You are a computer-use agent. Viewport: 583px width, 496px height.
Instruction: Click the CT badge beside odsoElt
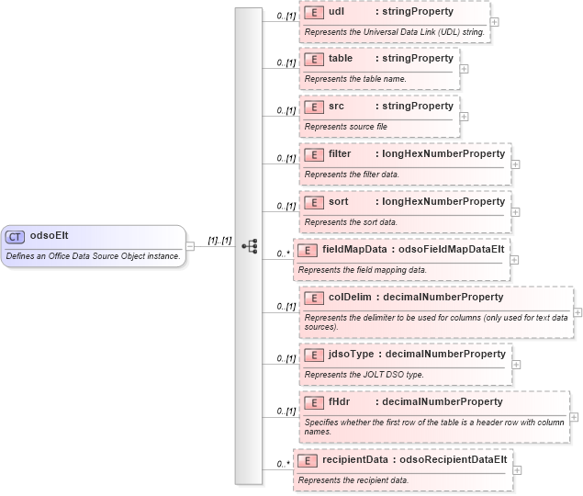coord(15,236)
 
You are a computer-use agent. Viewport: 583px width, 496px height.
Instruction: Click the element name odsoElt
coord(48,236)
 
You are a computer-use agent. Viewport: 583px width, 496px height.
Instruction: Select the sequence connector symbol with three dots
coord(249,247)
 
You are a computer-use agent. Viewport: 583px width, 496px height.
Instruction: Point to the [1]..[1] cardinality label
coord(219,241)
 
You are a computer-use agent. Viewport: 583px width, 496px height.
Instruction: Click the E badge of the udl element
coord(313,13)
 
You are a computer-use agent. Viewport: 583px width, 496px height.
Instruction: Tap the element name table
coord(341,59)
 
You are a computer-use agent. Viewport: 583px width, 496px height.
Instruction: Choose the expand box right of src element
coord(464,117)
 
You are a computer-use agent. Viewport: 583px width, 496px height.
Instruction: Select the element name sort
coord(339,202)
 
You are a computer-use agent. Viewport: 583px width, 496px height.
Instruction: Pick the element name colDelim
coord(351,298)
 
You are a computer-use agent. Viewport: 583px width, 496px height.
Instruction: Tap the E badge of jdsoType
coord(313,355)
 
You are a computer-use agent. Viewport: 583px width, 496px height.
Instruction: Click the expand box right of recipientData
coord(517,470)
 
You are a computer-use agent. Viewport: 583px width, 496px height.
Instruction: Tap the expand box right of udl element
coord(495,21)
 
